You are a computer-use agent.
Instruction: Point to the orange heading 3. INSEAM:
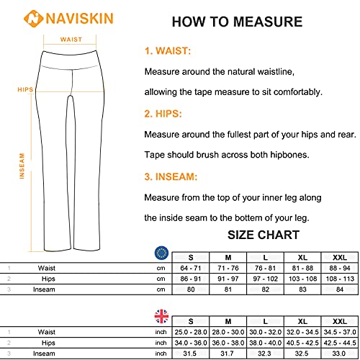[171, 176]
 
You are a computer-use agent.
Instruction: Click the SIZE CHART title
[264, 235]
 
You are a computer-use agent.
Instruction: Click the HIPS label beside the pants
[26, 89]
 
